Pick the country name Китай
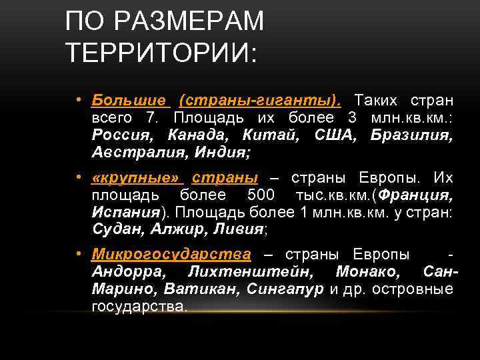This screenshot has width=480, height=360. point(269,135)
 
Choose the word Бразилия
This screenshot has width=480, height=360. point(411,135)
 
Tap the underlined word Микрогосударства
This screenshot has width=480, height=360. point(171,255)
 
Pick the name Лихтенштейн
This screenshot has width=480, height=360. point(253,273)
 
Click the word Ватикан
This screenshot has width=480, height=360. point(207,290)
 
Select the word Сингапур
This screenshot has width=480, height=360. point(285,290)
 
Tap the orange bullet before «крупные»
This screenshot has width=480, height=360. point(78,178)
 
